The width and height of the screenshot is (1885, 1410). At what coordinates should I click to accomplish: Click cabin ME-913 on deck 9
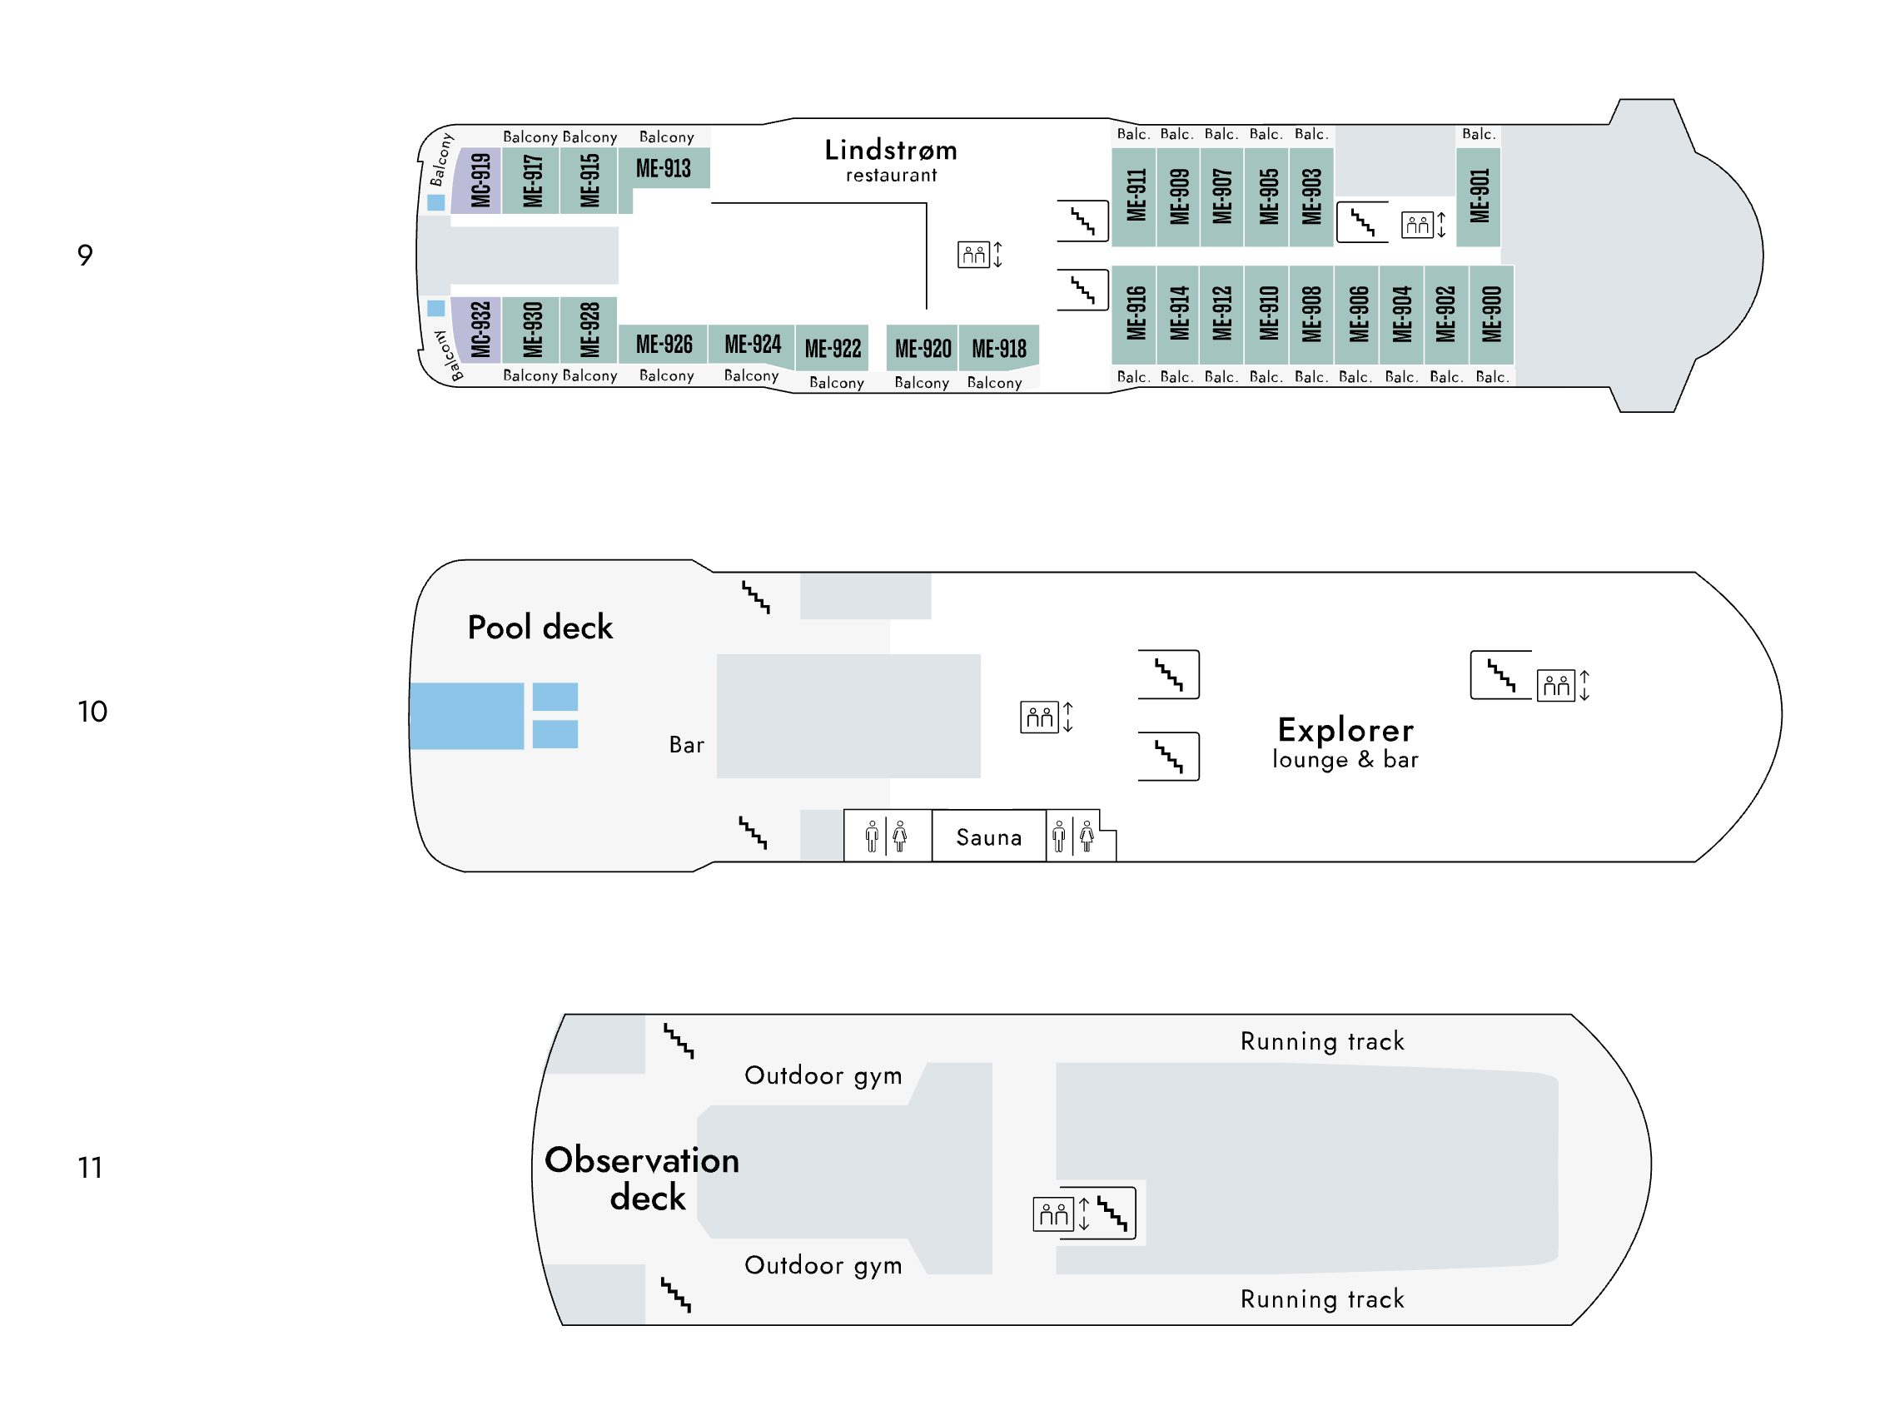tap(663, 168)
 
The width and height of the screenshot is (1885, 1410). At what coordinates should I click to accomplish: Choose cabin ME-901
tap(1478, 196)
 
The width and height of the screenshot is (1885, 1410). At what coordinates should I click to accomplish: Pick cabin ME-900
tap(1490, 315)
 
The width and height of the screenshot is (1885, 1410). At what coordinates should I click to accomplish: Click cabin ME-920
tap(922, 348)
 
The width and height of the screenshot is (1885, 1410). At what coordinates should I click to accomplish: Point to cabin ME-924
tap(752, 345)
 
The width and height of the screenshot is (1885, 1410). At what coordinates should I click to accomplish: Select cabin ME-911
tap(1133, 196)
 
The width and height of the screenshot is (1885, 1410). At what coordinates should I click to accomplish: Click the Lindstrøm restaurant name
tap(891, 159)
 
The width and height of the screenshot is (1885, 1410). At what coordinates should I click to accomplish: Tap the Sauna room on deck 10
tap(988, 837)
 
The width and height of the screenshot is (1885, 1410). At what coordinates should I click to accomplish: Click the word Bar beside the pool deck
tap(686, 745)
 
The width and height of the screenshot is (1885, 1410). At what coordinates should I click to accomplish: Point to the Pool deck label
tap(540, 627)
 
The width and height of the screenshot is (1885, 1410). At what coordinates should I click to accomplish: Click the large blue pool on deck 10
tap(467, 716)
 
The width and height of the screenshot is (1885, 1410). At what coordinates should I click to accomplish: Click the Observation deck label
tap(642, 1179)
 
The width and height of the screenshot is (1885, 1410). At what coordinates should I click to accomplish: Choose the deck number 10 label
tap(92, 712)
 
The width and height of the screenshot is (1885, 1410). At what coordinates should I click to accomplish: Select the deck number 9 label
tap(84, 255)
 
